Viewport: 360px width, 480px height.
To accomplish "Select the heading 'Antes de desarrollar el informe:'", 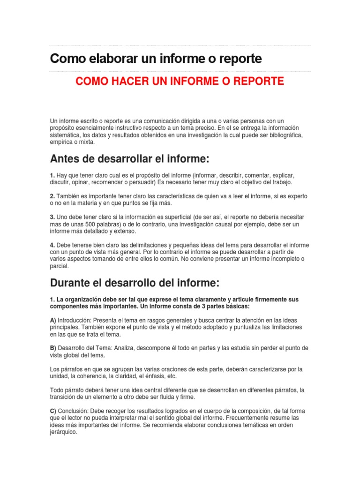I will [129, 159].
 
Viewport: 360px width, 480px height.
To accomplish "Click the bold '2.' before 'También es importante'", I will [52, 196].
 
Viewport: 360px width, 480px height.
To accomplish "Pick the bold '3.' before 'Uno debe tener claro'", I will [52, 217].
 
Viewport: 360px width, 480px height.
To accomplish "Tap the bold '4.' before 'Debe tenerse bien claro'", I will [52, 245].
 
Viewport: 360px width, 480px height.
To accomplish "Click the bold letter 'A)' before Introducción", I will [53, 320].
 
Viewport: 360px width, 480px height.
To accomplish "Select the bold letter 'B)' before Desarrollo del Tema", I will [53, 348].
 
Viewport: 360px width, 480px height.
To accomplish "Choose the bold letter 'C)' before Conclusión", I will [53, 411].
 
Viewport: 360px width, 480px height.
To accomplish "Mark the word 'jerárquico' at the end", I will [63, 432].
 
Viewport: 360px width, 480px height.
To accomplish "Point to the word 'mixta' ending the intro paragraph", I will [86, 142].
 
